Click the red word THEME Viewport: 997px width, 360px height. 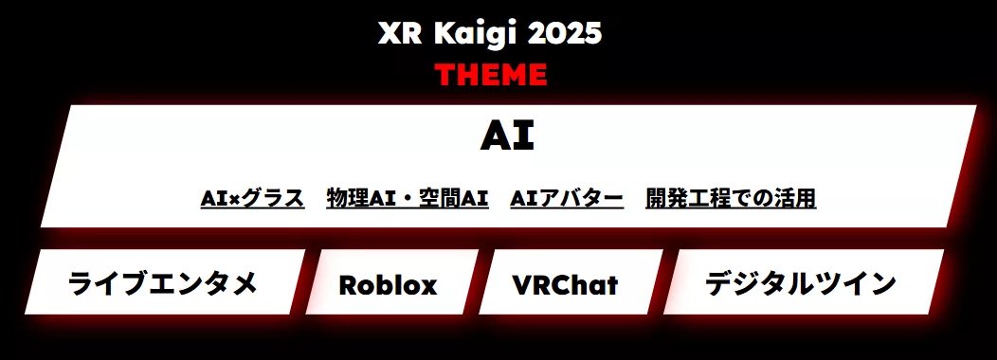tap(491, 74)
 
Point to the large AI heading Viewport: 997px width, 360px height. tap(507, 136)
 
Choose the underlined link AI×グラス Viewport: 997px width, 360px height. tap(252, 198)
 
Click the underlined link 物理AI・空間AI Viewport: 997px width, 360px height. tap(407, 198)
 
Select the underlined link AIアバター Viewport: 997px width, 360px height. tap(567, 198)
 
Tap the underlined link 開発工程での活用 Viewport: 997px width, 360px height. tap(731, 198)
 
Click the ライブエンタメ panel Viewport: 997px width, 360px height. tap(163, 282)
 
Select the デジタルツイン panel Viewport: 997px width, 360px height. tap(801, 282)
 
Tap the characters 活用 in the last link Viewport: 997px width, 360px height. tap(797, 198)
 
